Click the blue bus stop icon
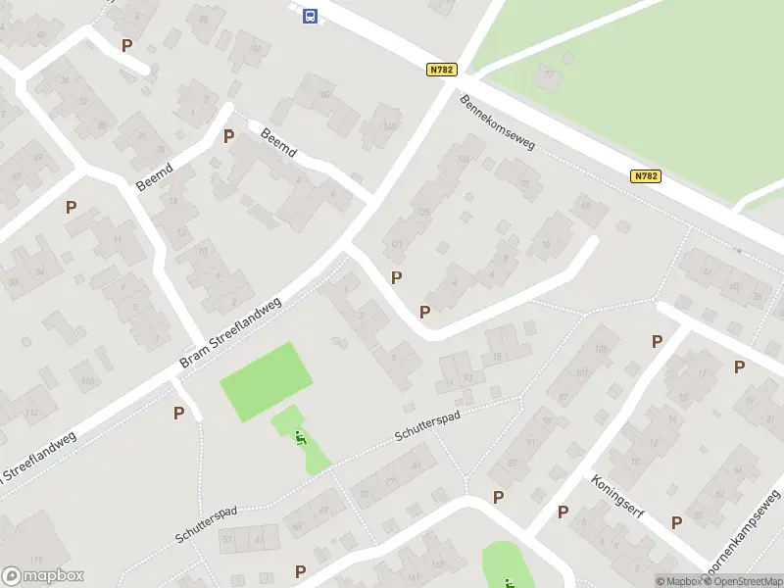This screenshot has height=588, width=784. pos(310,16)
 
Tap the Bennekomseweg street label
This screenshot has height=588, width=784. pos(498,122)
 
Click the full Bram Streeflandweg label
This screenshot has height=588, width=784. pos(230,334)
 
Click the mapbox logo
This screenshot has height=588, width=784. pos(42,576)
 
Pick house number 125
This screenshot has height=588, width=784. pos(423,212)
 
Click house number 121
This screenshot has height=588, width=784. pos(398,244)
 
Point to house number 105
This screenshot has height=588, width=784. pos(601,349)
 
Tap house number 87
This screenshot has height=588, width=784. pos(512,463)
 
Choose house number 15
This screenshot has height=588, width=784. pos(497,357)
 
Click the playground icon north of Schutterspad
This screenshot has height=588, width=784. pos(301,438)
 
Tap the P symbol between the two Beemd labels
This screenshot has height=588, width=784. pos(228,136)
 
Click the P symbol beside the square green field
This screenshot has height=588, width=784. pos(178,413)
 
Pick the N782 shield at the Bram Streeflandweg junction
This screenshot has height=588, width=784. pos(441,70)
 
